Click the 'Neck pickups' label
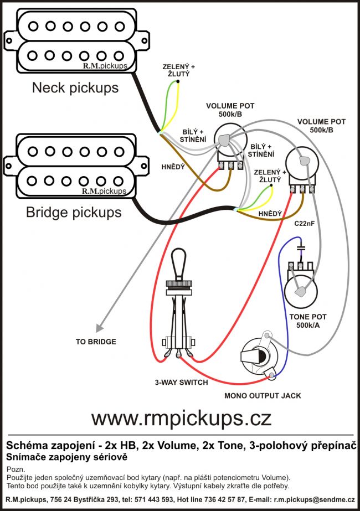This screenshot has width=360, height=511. coord(75,87)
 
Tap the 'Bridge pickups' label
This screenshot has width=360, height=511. coord(74,213)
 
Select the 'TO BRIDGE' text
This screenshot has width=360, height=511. coord(96,342)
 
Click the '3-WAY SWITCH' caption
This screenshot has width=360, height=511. coord(182,383)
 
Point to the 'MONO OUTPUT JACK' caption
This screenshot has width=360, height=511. coord(263,396)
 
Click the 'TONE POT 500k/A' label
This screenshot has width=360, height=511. coord(307,321)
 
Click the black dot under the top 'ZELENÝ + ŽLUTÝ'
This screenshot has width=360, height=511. coord(178,82)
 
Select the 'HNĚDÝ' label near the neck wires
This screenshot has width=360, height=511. coord(172,166)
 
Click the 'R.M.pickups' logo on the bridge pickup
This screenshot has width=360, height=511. coord(104,192)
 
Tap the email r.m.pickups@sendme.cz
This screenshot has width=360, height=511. coord(314,500)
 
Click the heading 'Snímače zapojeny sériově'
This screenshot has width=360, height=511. coord(66,457)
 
